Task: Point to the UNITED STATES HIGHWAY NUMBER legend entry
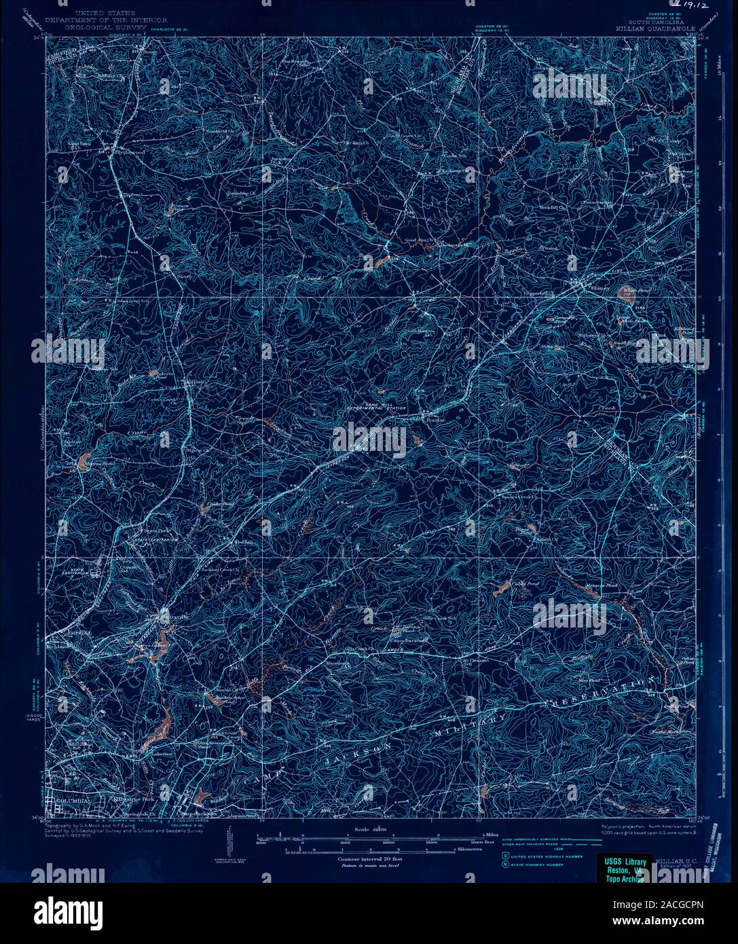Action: click(536, 858)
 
